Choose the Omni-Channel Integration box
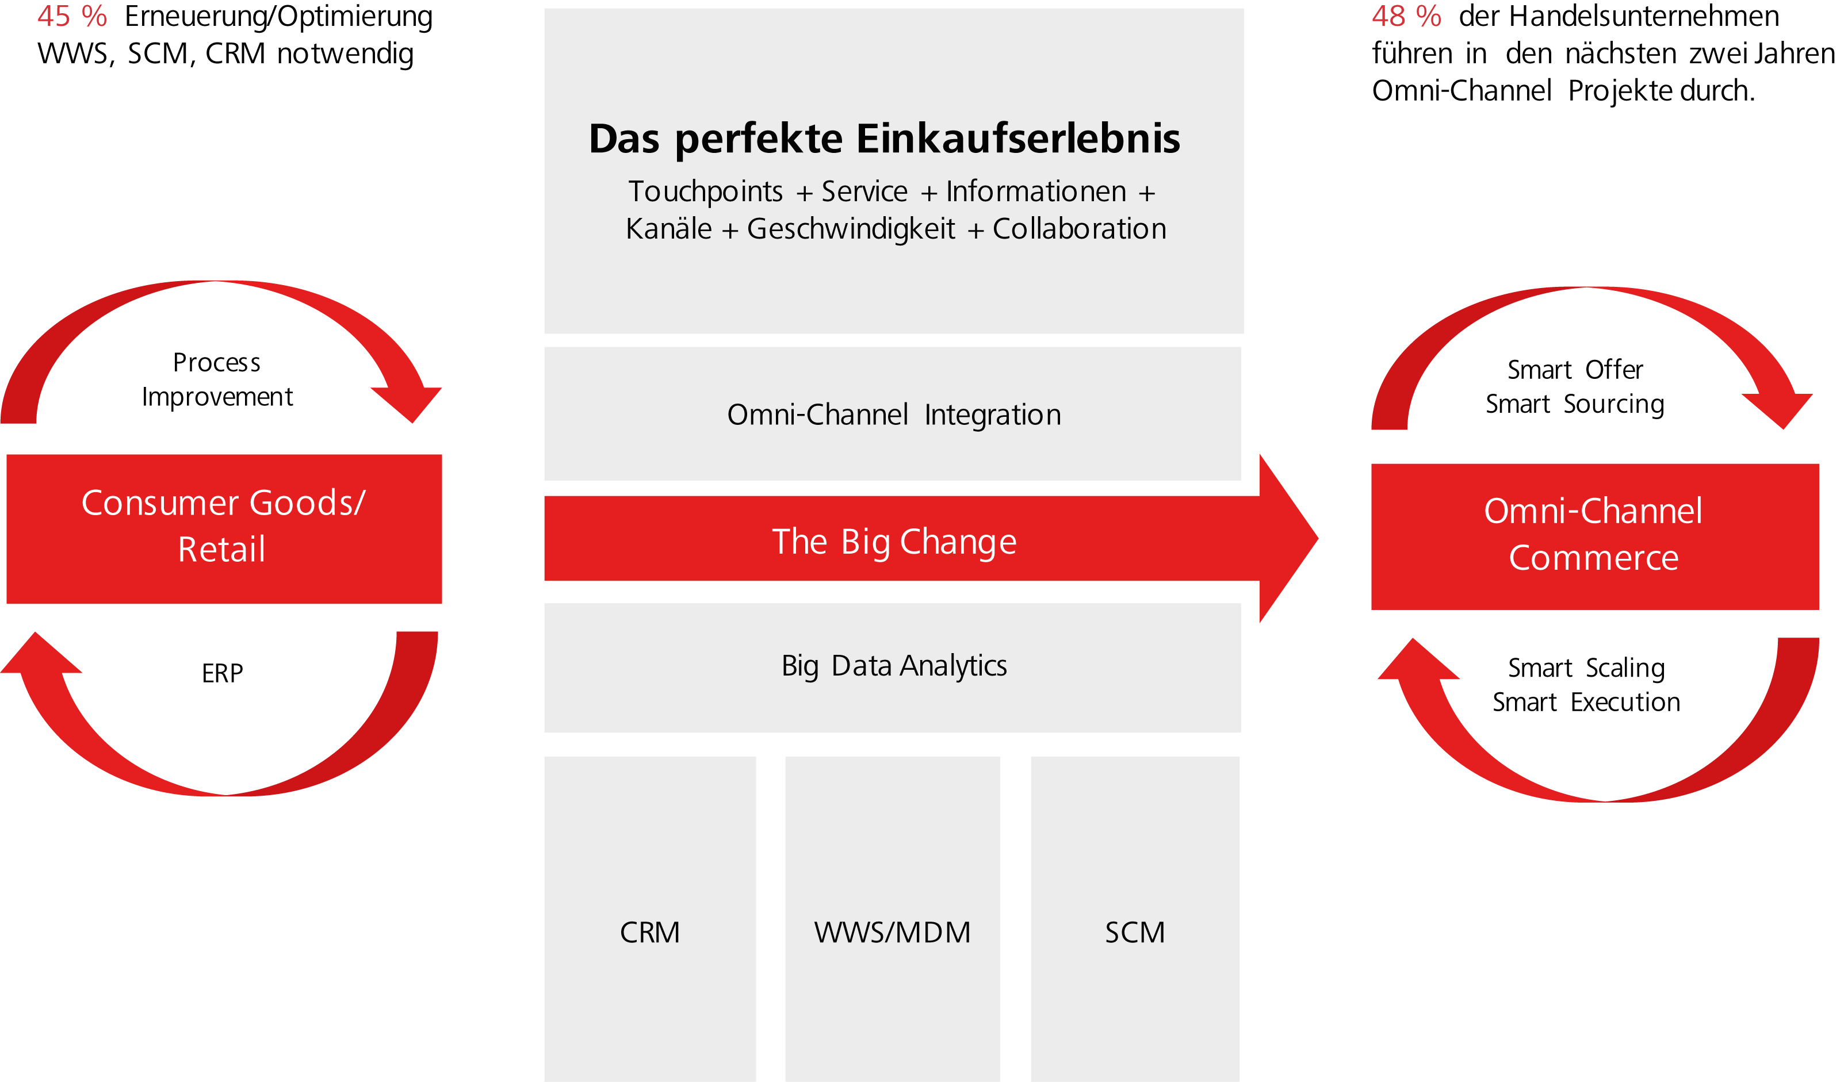[893, 414]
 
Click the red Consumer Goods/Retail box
[224, 528]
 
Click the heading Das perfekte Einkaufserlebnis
[884, 139]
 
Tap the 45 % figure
[72, 16]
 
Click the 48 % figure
[1406, 16]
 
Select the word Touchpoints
[705, 191]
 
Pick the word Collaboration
[1080, 229]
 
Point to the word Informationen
[1035, 191]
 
